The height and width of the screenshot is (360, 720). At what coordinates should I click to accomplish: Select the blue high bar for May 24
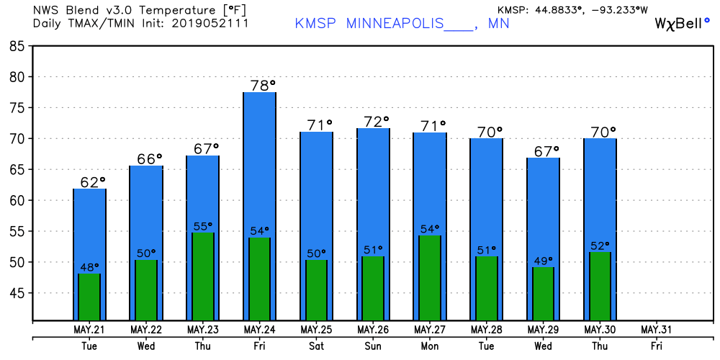click(259, 206)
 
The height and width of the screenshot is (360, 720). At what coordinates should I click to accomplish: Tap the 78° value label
click(263, 86)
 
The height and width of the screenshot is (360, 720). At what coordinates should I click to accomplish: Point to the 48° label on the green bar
click(89, 267)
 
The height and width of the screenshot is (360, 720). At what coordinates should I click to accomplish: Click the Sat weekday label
click(316, 346)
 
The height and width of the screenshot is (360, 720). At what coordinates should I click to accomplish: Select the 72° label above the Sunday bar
click(377, 122)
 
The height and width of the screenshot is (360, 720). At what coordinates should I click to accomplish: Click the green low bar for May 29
click(543, 294)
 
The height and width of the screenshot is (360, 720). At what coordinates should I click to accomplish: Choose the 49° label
click(543, 261)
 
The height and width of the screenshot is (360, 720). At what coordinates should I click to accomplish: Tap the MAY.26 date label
click(373, 330)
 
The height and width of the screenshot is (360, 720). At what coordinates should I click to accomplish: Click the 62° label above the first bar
click(93, 182)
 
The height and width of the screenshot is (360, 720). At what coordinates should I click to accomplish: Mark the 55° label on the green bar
click(203, 226)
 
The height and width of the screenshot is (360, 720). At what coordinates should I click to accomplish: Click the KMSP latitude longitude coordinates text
click(572, 9)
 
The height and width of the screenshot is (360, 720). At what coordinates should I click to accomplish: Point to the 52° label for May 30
click(600, 246)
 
